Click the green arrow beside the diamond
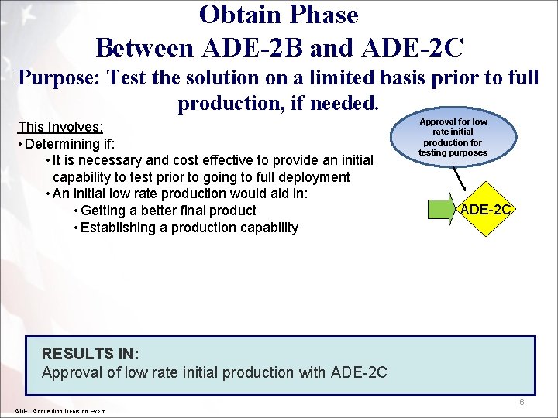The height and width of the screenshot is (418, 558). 441,210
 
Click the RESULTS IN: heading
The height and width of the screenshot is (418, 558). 90,354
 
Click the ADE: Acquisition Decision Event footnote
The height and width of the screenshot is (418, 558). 60,410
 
